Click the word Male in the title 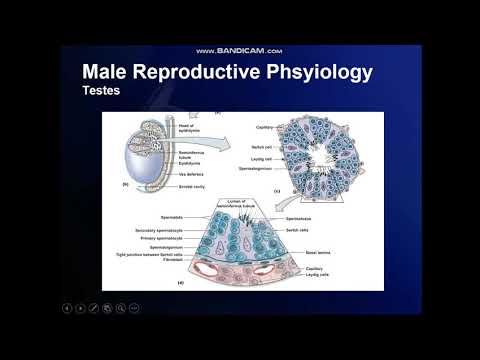(x=107, y=73)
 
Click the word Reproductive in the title (x=204, y=73)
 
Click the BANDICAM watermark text (x=240, y=51)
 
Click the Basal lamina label (x=321, y=253)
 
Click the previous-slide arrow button (x=69, y=309)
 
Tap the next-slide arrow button (x=81, y=309)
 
